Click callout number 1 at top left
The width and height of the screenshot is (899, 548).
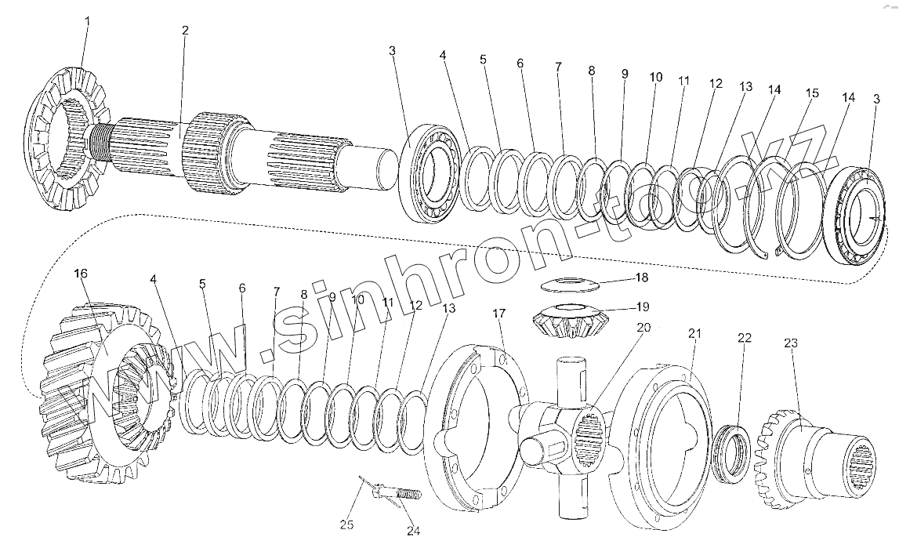[x=88, y=21]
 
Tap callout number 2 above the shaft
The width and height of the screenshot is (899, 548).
[x=185, y=31]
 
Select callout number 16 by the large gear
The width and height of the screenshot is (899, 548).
[x=81, y=274]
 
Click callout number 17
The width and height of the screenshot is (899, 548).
[x=500, y=314]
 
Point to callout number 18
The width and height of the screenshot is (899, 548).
[x=642, y=278]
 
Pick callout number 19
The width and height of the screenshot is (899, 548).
[x=642, y=307]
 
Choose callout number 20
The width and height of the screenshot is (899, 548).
[x=643, y=328]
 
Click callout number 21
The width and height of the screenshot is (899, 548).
[x=694, y=334]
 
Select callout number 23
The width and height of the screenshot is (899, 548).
[x=791, y=343]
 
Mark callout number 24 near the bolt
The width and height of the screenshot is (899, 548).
[x=413, y=531]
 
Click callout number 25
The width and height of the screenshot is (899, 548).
[x=347, y=524]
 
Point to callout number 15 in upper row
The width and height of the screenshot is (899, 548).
[x=812, y=93]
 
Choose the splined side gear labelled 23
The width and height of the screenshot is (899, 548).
[x=815, y=455]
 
